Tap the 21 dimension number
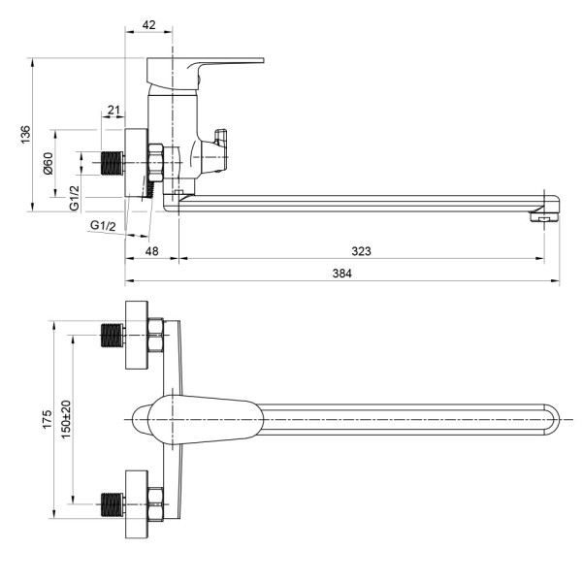coord(113,111)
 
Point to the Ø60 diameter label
coord(48,164)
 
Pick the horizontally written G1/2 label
coord(103,226)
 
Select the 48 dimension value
coord(151,251)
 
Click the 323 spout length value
coord(361,251)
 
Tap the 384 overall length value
coord(340,274)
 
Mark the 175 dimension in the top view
coord(47,419)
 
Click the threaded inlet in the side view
coord(114,162)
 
